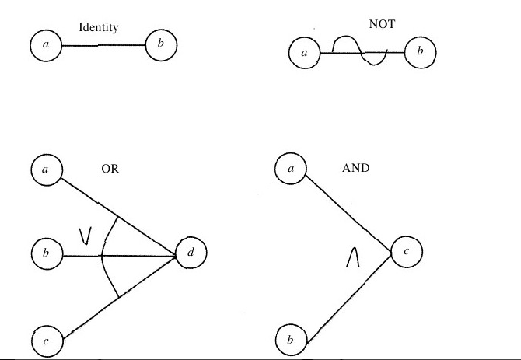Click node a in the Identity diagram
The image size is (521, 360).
46,46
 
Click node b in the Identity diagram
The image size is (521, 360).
161,44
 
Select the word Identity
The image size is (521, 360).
99,28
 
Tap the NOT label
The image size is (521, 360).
382,24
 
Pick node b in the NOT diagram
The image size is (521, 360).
420,53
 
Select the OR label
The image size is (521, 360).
110,168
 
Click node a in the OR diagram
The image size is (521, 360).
46,169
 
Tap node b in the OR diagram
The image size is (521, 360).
46,253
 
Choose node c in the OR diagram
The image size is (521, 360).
47,339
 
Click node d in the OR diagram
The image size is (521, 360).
191,253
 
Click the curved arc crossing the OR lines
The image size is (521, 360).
104,257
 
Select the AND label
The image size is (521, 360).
355,167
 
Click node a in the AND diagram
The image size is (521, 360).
291,168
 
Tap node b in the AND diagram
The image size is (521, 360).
291,339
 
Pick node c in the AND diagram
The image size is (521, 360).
406,252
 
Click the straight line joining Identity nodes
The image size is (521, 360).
103,46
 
